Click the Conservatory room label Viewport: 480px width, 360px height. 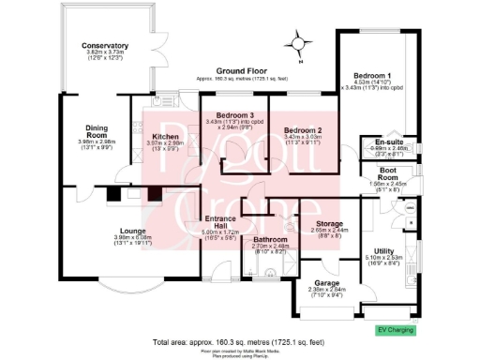click(104, 46)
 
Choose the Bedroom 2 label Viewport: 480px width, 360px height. click(303, 130)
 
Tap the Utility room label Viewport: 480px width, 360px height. click(382, 250)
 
